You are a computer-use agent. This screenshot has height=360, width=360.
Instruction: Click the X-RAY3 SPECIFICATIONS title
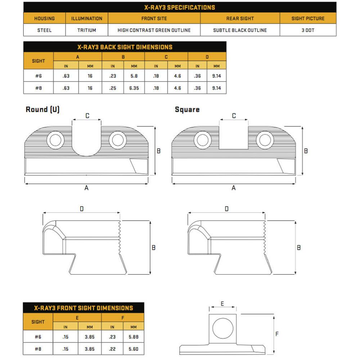[180, 7]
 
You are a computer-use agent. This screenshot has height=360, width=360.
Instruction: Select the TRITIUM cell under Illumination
[87, 30]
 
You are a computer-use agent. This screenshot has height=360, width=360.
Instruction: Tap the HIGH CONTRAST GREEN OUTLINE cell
[154, 30]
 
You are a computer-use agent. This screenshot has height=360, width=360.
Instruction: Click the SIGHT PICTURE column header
[308, 18]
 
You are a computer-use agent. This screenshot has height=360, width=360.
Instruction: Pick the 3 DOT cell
[308, 30]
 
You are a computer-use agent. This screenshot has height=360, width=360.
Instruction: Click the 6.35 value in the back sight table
[134, 88]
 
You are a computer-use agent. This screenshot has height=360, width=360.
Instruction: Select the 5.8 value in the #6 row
[134, 76]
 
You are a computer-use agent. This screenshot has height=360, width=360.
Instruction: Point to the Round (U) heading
[42, 109]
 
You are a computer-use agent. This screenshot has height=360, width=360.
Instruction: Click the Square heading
[187, 109]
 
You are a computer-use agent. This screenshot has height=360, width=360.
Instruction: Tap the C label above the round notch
[87, 116]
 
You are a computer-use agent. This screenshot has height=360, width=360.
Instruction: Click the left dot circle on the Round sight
[55, 140]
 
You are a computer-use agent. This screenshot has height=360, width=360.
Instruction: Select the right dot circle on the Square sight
[265, 140]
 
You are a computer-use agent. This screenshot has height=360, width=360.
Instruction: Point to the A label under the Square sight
[234, 188]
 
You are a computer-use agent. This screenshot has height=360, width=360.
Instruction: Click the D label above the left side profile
[82, 209]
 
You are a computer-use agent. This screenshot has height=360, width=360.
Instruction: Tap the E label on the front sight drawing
[222, 304]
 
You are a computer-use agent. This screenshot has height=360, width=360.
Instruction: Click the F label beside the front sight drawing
[277, 334]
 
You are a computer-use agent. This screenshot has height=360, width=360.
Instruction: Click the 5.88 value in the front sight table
[134, 337]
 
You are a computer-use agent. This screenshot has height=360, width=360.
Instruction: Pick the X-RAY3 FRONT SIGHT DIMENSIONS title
[84, 308]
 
